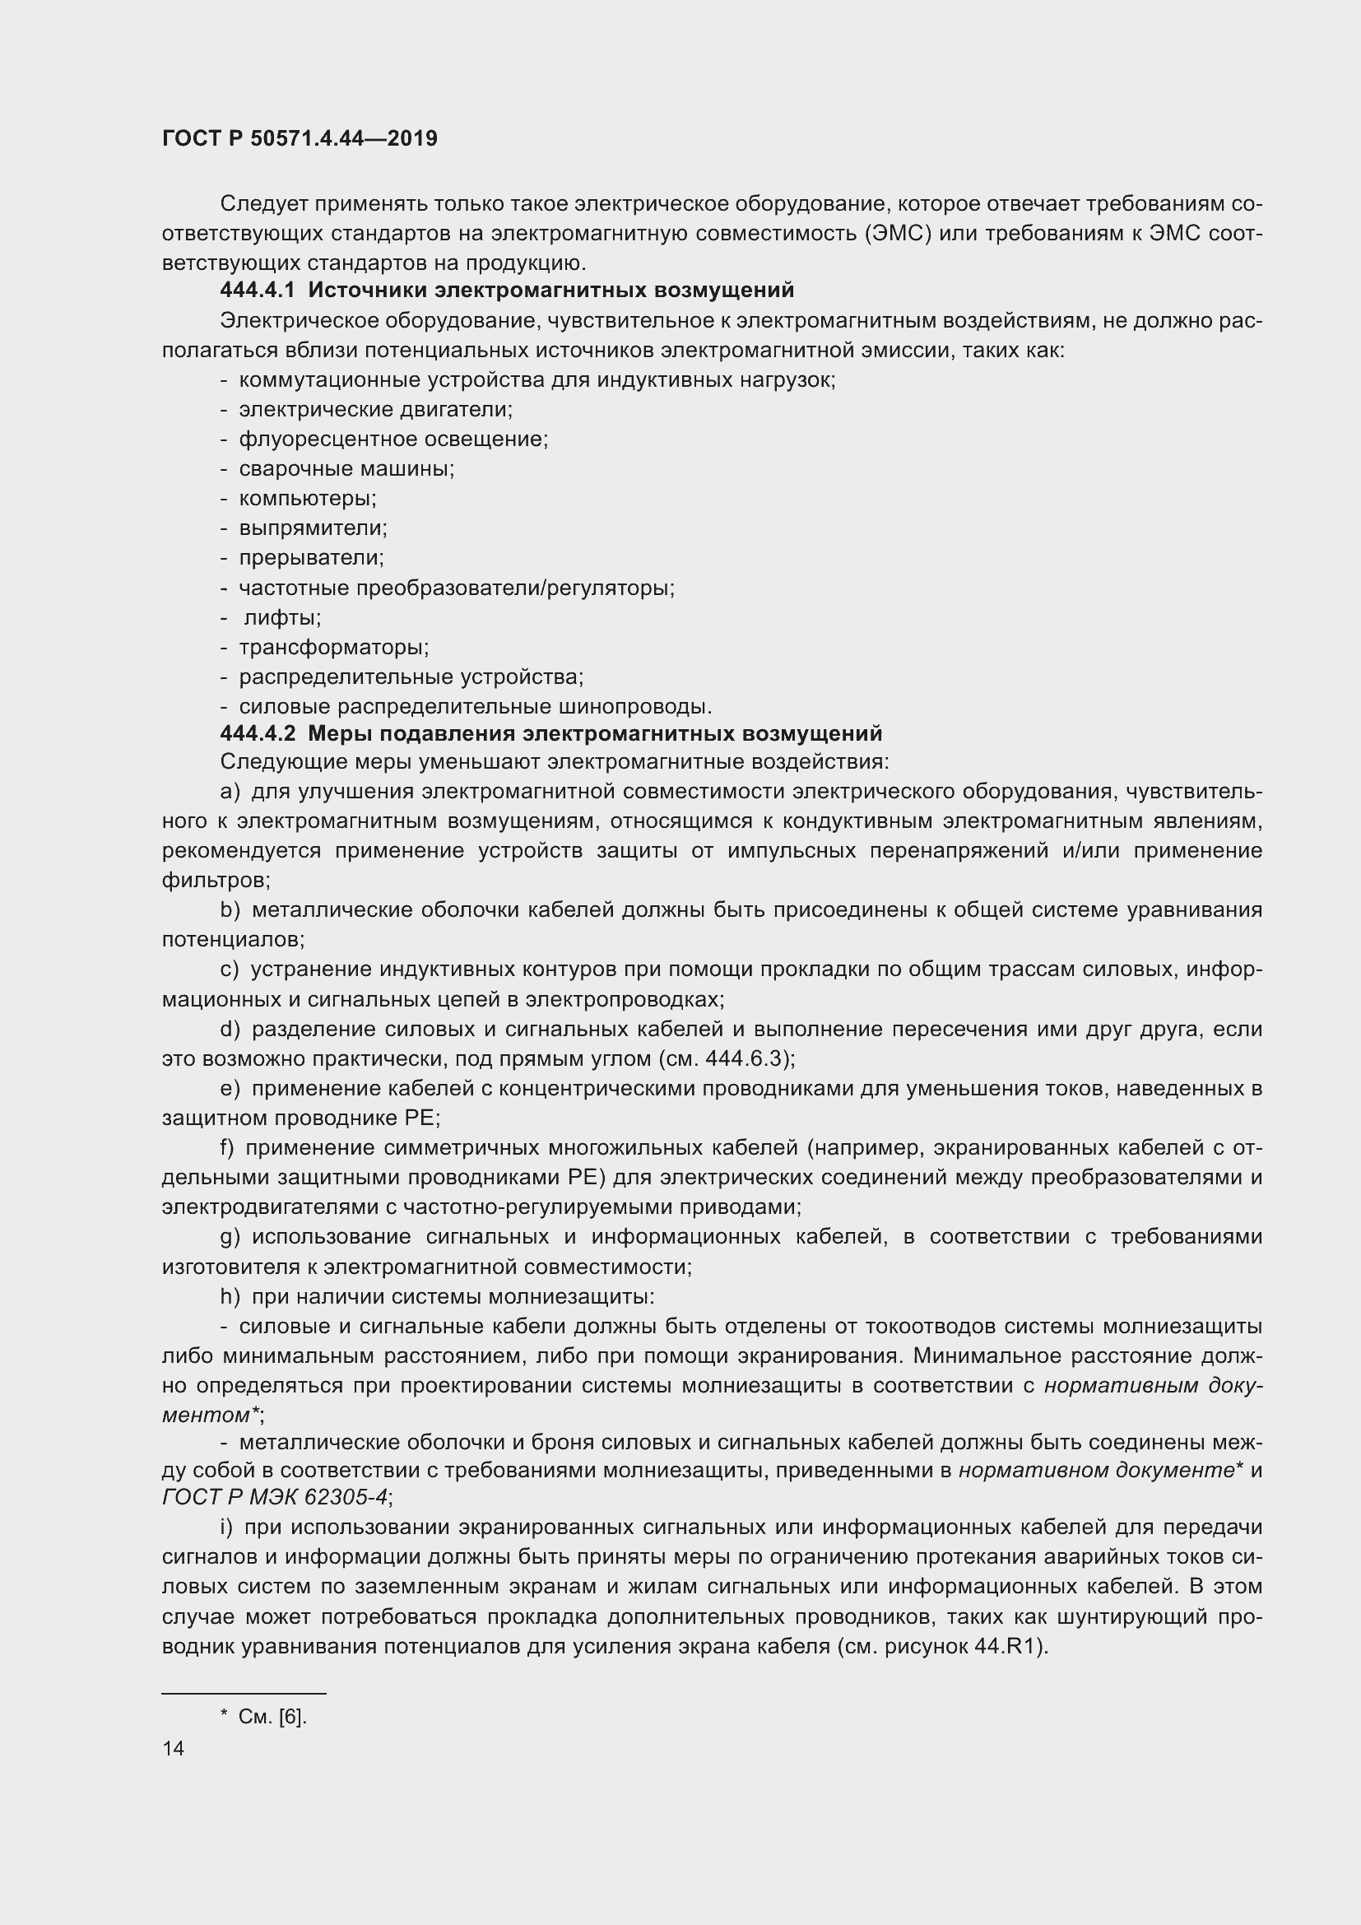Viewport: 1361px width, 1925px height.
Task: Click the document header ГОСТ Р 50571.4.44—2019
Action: coord(300,138)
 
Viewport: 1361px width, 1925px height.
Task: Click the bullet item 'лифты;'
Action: coord(282,618)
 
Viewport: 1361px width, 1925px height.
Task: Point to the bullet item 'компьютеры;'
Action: coord(308,499)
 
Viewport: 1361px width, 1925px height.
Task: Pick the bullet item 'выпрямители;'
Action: coord(313,528)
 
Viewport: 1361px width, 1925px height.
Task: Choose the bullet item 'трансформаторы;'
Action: coord(333,647)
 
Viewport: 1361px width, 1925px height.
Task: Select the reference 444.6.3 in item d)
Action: coord(745,1059)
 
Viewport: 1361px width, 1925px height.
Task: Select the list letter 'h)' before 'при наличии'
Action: coord(230,1297)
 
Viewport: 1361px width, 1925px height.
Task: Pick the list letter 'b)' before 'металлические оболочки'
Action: coord(230,910)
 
